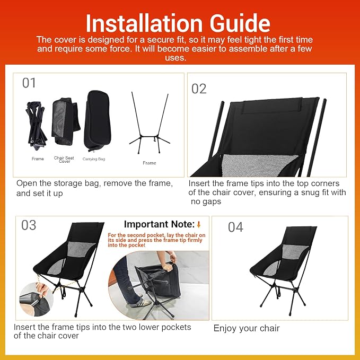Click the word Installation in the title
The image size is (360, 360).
pyautogui.click(x=144, y=23)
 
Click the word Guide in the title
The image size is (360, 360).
pyautogui.click(x=240, y=23)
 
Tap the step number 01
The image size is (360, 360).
pyautogui.click(x=29, y=83)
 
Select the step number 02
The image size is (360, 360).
pyautogui.click(x=199, y=89)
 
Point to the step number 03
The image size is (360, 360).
pyautogui.click(x=29, y=225)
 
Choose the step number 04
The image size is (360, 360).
pyautogui.click(x=235, y=227)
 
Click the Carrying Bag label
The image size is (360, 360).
pyautogui.click(x=94, y=159)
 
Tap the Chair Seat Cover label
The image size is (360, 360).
pyautogui.click(x=64, y=160)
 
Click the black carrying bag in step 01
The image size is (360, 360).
pyautogui.click(x=97, y=120)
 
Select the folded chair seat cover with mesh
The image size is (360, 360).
pyautogui.click(x=65, y=122)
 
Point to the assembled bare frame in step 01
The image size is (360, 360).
pyautogui.click(x=150, y=123)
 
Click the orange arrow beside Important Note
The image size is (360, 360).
pyautogui.click(x=199, y=225)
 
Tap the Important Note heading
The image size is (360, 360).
pyautogui.click(x=160, y=224)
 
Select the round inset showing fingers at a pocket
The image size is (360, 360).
pyautogui.click(x=36, y=299)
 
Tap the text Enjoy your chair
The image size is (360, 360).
pyautogui.click(x=247, y=328)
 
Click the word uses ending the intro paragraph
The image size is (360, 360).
pyautogui.click(x=175, y=58)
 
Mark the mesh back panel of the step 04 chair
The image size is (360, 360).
pyautogui.click(x=295, y=251)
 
